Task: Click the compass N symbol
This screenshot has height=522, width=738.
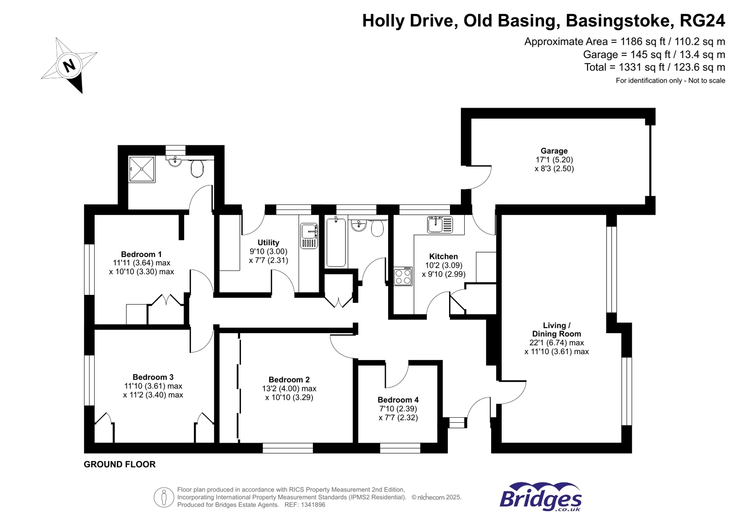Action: (69, 66)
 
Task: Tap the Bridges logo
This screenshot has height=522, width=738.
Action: (540, 497)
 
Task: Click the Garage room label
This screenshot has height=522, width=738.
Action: (554, 151)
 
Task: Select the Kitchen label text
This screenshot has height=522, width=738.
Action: (443, 257)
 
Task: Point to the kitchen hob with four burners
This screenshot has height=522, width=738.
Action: (402, 276)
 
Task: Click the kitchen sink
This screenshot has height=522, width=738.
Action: (439, 225)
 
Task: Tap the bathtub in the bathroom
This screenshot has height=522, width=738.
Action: (336, 242)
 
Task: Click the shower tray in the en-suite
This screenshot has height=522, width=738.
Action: (142, 169)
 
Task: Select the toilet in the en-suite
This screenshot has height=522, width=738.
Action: (197, 168)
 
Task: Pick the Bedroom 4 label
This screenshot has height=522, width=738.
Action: (398, 400)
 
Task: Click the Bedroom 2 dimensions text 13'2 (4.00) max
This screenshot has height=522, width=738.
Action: (289, 389)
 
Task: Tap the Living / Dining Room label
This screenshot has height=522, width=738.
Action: (556, 330)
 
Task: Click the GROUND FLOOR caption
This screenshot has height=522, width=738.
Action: (120, 464)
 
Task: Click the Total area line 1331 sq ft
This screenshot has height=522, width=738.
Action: (654, 67)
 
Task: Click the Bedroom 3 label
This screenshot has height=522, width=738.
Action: (153, 377)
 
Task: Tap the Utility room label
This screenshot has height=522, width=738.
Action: (268, 243)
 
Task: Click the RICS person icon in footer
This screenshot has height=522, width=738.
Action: (163, 498)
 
